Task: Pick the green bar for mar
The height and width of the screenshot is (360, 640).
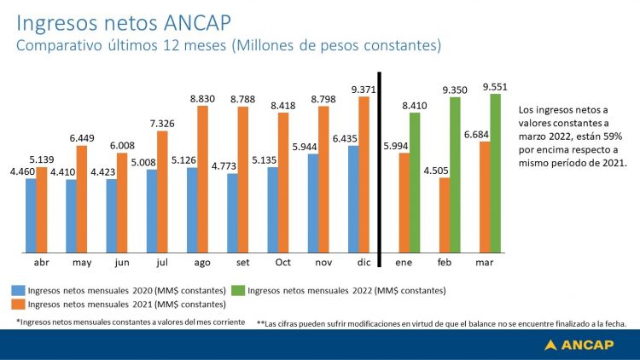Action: point(495,173)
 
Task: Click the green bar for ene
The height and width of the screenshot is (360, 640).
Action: point(415,183)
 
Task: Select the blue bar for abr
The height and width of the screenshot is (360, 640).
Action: point(31,215)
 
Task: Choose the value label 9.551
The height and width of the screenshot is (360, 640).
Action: point(496,86)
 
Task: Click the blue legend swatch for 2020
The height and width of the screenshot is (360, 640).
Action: point(17,291)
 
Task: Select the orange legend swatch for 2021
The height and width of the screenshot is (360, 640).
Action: point(17,304)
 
